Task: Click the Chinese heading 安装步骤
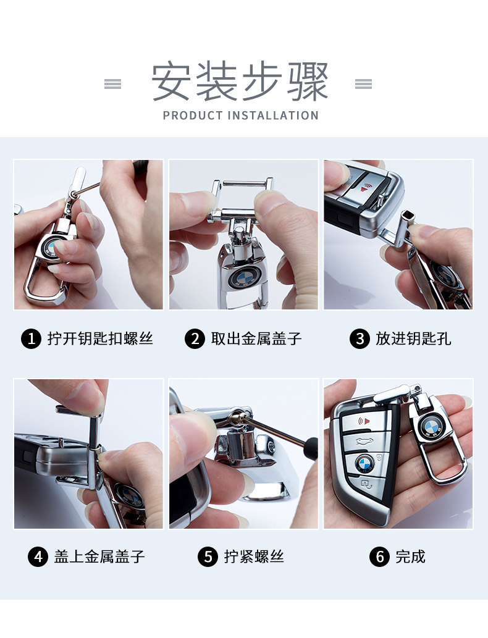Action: coord(240,81)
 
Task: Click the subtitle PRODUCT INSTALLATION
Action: coord(240,115)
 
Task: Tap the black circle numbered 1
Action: coord(32,339)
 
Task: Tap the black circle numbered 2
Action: coord(195,339)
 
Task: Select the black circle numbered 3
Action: coord(360,339)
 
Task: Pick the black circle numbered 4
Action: coord(38,556)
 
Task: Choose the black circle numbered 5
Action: coord(208,556)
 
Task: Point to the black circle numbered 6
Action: coord(380,556)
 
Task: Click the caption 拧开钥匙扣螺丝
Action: coord(100,339)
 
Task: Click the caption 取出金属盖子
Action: coord(256,339)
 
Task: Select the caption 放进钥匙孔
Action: coord(413,339)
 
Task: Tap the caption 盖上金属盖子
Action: coord(99,556)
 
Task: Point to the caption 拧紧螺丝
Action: coord(254,556)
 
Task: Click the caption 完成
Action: coord(411,556)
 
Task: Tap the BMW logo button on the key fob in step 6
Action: coord(364,463)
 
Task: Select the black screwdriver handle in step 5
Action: coord(312,448)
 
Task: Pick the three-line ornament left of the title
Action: coord(113,84)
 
